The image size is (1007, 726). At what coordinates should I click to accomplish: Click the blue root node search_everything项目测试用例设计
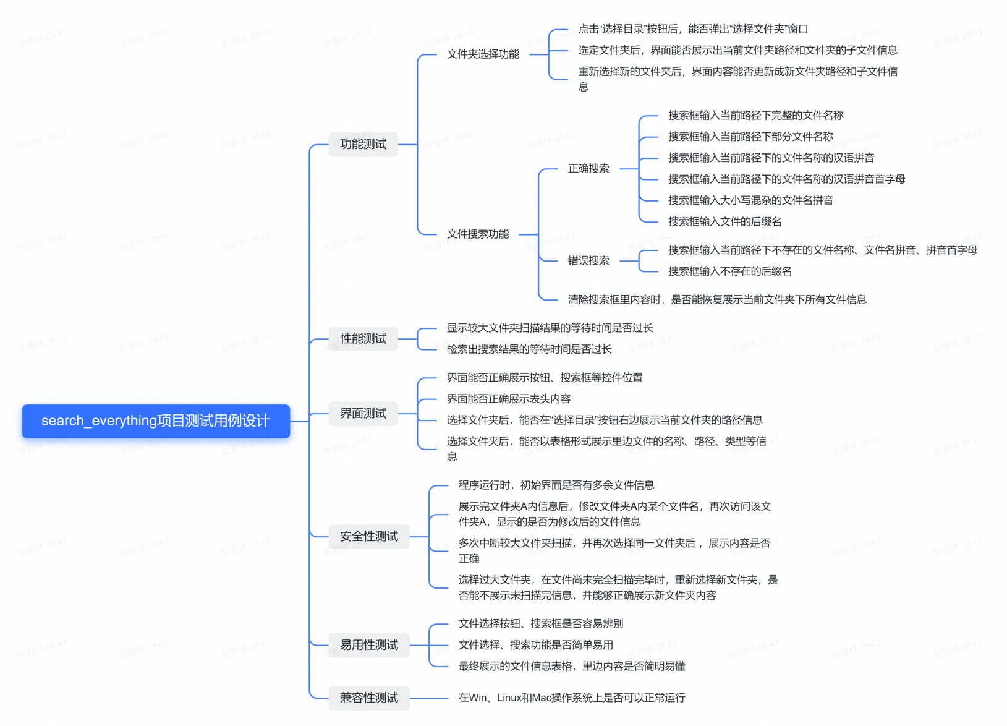pyautogui.click(x=156, y=421)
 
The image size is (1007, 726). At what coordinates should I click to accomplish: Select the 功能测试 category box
pyautogui.click(x=363, y=144)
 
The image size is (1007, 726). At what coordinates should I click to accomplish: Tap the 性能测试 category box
pyautogui.click(x=363, y=339)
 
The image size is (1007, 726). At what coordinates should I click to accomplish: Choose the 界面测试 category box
pyautogui.click(x=363, y=414)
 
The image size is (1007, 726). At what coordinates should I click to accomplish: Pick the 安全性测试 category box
pyautogui.click(x=368, y=537)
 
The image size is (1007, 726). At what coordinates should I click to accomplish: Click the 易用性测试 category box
pyautogui.click(x=368, y=645)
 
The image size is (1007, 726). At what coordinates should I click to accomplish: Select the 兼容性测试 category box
pyautogui.click(x=368, y=698)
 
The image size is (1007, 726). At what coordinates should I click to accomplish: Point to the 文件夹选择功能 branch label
pyautogui.click(x=483, y=54)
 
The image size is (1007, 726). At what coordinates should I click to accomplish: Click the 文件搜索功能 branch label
pyautogui.click(x=478, y=234)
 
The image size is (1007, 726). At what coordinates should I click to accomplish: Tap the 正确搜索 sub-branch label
pyautogui.click(x=588, y=169)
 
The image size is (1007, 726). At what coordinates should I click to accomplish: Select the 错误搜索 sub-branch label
pyautogui.click(x=588, y=261)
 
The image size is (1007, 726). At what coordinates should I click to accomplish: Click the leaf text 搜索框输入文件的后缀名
pyautogui.click(x=724, y=221)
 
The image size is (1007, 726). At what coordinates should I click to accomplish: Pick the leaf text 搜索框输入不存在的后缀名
pyautogui.click(x=729, y=271)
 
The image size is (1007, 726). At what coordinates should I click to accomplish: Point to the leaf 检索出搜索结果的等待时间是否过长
pyautogui.click(x=529, y=349)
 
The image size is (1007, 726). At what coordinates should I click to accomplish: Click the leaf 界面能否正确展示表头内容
pyautogui.click(x=509, y=399)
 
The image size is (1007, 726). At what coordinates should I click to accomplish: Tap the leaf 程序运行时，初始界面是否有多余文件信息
pyautogui.click(x=556, y=485)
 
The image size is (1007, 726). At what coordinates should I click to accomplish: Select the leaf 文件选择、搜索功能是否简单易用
pyautogui.click(x=535, y=645)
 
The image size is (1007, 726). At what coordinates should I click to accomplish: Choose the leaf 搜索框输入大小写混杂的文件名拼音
pyautogui.click(x=750, y=200)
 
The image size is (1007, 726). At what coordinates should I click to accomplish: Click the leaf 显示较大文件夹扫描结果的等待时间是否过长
pyautogui.click(x=550, y=328)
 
